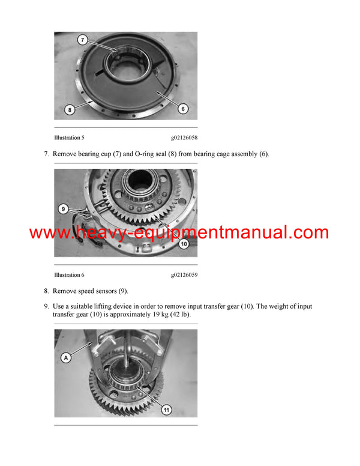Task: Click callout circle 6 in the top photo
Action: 182,108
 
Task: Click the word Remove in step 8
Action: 65,291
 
